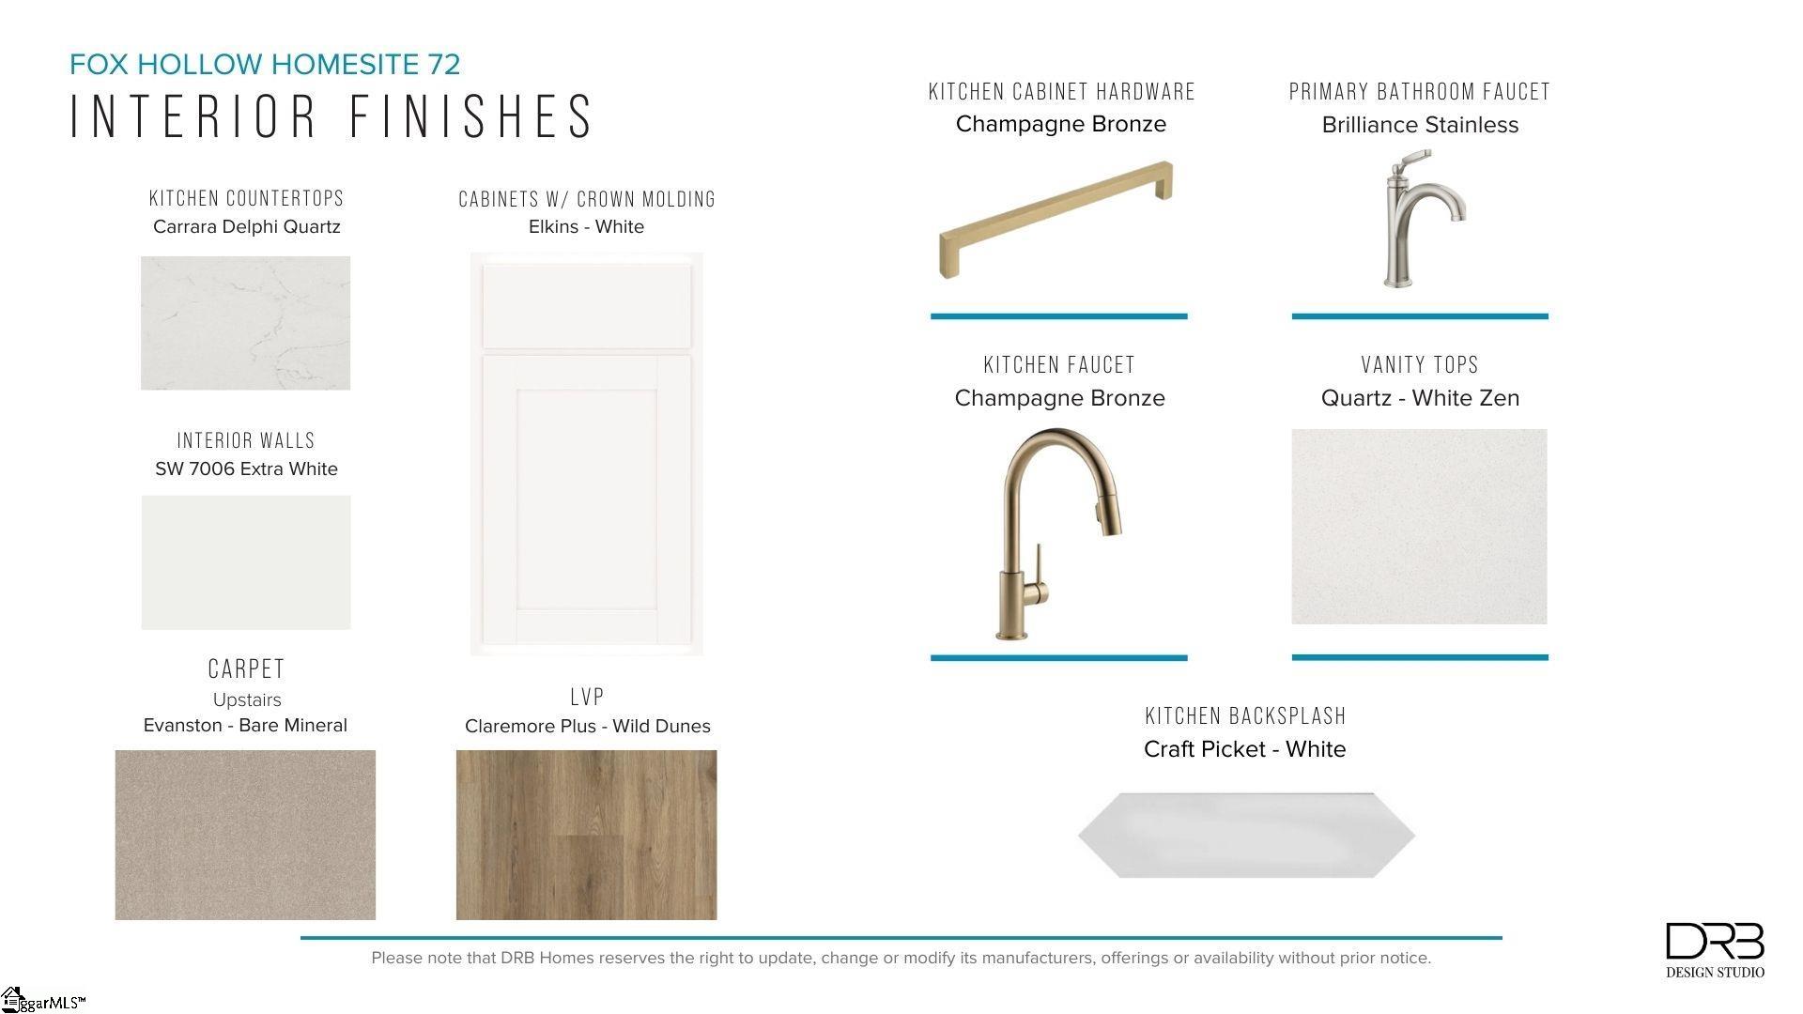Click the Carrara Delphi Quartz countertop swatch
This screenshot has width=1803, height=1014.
tap(245, 323)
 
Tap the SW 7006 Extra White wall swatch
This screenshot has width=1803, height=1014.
tap(246, 562)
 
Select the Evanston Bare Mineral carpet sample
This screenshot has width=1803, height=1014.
tap(245, 835)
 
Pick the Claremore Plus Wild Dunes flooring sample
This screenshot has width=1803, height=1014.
tap(586, 835)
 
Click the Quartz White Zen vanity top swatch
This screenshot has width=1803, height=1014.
tap(1419, 527)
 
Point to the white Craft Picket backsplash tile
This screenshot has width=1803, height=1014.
tap(1246, 836)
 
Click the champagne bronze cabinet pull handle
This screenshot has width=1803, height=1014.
tap(1056, 220)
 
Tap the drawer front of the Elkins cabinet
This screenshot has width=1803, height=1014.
tap(587, 306)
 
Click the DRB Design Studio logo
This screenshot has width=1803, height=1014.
tap(1715, 950)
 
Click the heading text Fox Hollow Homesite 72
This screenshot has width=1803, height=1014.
tap(265, 64)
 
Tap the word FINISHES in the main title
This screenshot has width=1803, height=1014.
tap(472, 116)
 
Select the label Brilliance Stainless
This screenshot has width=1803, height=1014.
tap(1420, 125)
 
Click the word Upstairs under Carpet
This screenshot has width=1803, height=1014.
tap(247, 700)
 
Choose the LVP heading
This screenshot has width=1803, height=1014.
tap(587, 697)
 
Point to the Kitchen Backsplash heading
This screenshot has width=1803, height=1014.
tap(1245, 716)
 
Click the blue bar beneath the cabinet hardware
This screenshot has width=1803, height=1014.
tap(1059, 316)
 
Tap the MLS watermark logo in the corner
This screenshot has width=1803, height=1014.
tap(43, 1000)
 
